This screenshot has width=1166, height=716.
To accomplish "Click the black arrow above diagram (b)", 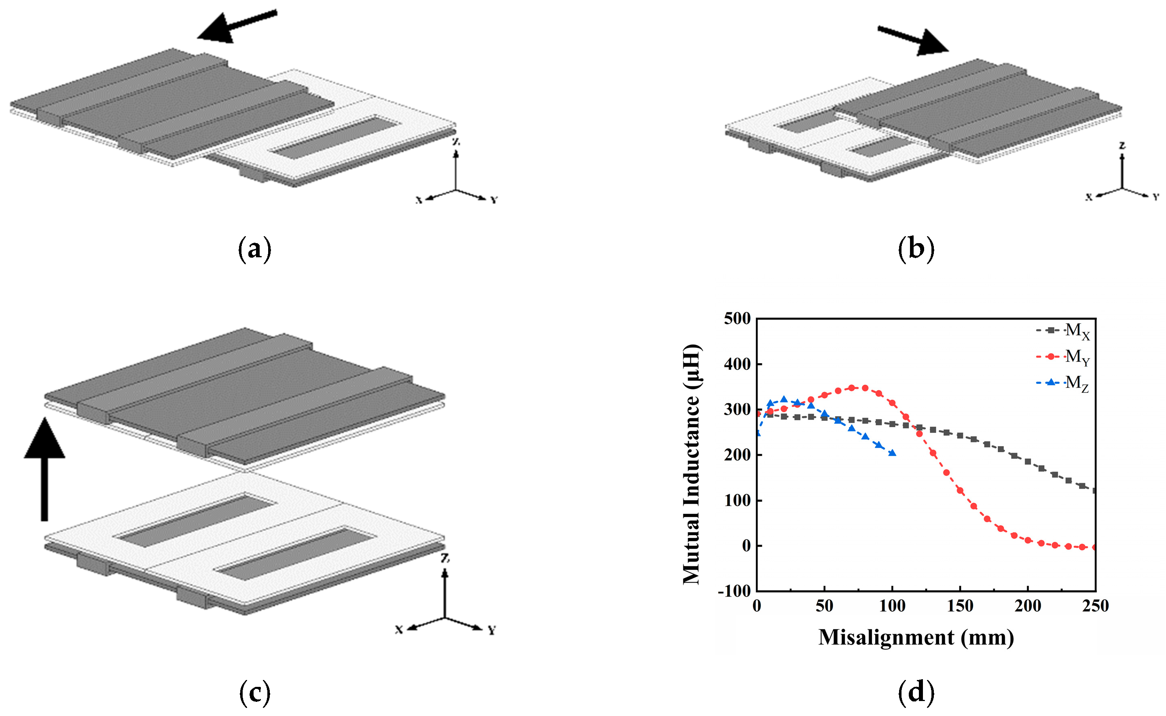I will click(x=913, y=41).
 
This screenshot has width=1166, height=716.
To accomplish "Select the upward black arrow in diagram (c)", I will click(x=44, y=469).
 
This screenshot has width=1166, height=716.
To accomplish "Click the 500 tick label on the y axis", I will click(x=737, y=319).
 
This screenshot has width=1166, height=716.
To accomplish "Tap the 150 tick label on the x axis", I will click(x=960, y=606).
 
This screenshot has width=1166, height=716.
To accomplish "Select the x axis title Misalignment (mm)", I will click(x=916, y=638).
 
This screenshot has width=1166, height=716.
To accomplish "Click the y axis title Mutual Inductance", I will click(x=692, y=464).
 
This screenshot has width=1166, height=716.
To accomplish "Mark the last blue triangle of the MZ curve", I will click(x=892, y=453).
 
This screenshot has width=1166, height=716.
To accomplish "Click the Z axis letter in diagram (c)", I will click(x=444, y=558).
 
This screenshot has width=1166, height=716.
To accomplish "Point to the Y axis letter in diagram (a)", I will click(x=494, y=200).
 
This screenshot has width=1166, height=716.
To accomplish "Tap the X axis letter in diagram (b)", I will click(x=1089, y=197).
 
